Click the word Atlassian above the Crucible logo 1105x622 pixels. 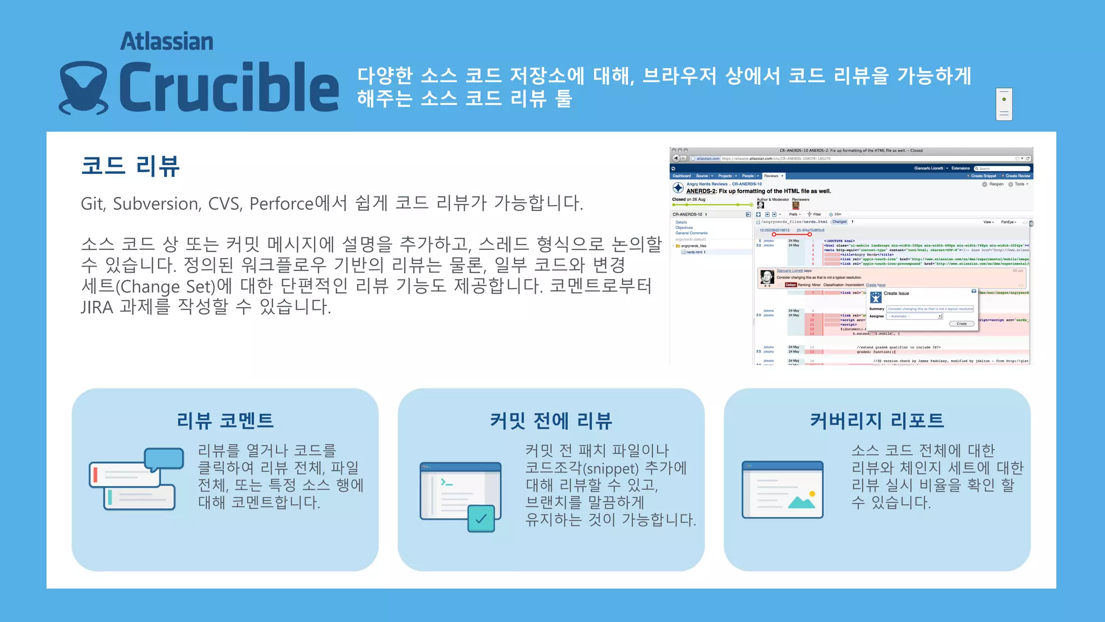pyautogui.click(x=167, y=42)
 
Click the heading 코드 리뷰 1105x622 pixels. pyautogui.click(x=131, y=166)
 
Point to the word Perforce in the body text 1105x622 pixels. pyautogui.click(x=281, y=204)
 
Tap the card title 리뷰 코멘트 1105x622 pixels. pyautogui.click(x=225, y=421)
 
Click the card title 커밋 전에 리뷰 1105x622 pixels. pyautogui.click(x=551, y=421)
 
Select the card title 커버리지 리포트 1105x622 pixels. pyautogui.click(x=877, y=421)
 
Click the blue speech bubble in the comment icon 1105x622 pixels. pyautogui.click(x=164, y=459)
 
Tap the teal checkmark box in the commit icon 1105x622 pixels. pyautogui.click(x=481, y=519)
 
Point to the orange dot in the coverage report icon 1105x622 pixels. pyautogui.click(x=812, y=493)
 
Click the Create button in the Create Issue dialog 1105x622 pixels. pyautogui.click(x=961, y=324)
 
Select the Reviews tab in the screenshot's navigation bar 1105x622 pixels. pyautogui.click(x=772, y=176)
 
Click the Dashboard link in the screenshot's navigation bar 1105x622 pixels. pyautogui.click(x=681, y=176)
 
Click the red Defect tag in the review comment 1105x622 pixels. pyautogui.click(x=790, y=285)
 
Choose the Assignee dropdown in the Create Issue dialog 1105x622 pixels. pyautogui.click(x=915, y=316)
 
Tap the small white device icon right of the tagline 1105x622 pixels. pyautogui.click(x=1004, y=104)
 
